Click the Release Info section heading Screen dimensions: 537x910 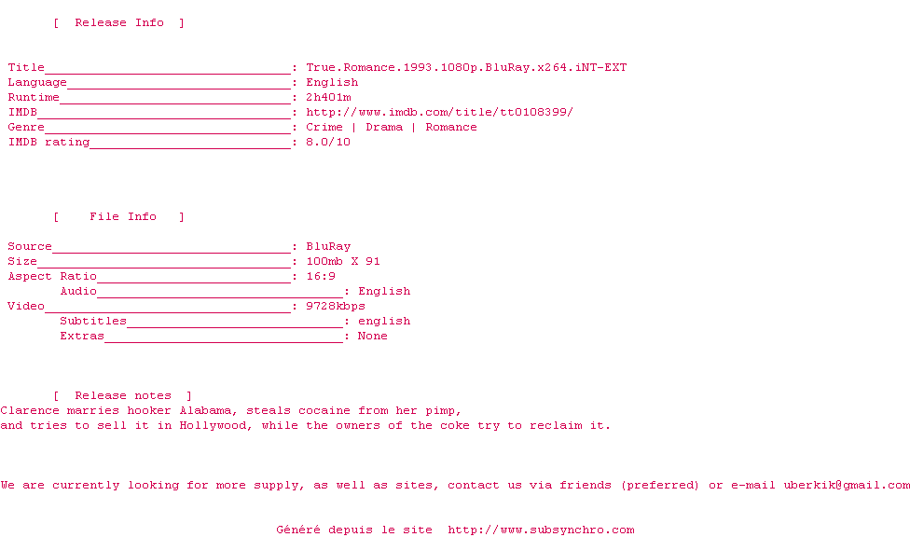[119, 22]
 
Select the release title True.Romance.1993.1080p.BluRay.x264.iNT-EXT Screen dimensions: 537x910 [466, 67]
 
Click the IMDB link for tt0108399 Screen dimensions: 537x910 [439, 112]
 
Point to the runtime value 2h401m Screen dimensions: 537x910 [328, 97]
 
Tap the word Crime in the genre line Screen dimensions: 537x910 [324, 127]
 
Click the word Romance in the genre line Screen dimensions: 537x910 [451, 127]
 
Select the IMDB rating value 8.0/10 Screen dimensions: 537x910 [328, 142]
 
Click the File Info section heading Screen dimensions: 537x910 [123, 216]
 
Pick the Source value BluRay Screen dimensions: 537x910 [328, 246]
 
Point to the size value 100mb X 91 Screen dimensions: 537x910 [343, 261]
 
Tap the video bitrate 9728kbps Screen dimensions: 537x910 [336, 306]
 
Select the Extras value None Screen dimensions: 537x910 [373, 336]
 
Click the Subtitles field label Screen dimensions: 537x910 [93, 321]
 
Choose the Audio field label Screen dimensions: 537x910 [78, 291]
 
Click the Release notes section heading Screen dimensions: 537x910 [123, 395]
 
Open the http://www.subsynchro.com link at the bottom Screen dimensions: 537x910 [541, 530]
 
